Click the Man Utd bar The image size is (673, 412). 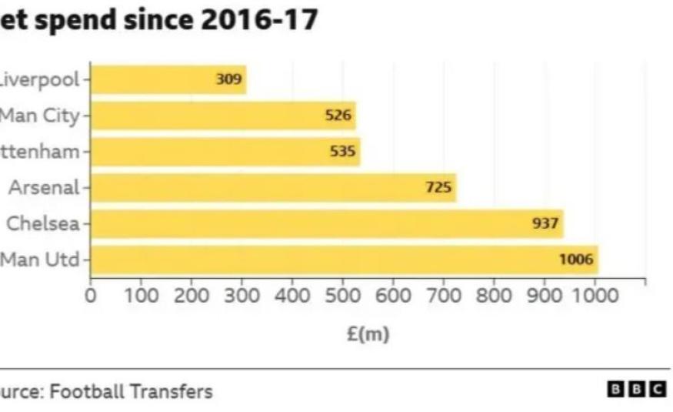[x=344, y=260]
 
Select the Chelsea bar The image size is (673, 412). [x=327, y=223]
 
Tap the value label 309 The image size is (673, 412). [x=228, y=79]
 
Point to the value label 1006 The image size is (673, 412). [x=576, y=260]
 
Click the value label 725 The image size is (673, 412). [x=439, y=187]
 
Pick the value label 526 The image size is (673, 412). [x=338, y=116]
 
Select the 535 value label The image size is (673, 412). [x=343, y=152]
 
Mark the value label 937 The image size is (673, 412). [x=546, y=223]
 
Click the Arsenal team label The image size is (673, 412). [x=44, y=187]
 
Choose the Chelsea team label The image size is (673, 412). [x=43, y=223]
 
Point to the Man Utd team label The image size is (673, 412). [x=40, y=260]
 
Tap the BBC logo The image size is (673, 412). [x=637, y=389]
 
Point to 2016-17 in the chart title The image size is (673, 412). [x=258, y=20]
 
